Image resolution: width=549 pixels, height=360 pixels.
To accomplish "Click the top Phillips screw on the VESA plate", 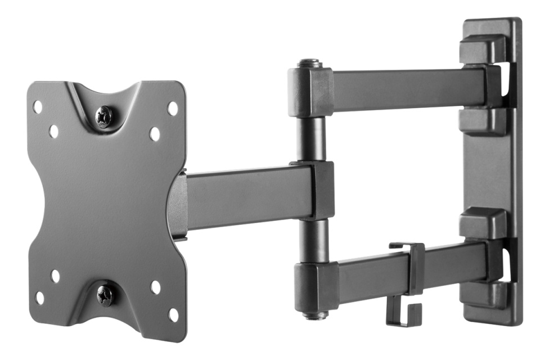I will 104,116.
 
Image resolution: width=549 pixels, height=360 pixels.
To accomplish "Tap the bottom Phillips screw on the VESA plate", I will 105,295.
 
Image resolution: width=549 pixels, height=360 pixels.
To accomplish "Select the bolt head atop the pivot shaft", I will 310,64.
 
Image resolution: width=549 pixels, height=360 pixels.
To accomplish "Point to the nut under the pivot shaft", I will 314,315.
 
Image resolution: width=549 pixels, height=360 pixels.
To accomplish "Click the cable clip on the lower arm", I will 406,281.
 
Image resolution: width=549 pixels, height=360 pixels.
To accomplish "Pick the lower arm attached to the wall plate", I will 405,269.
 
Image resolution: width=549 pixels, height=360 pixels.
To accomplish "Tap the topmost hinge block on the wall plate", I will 483,49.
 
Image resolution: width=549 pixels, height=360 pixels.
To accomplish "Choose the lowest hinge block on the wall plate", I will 483,295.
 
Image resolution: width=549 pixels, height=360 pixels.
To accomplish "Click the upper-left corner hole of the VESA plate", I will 37,106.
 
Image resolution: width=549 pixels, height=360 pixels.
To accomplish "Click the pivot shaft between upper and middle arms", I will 311,138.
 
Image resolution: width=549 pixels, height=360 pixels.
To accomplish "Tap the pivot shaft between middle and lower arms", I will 313,241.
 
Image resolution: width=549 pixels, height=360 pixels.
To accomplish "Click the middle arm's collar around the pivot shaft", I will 321,190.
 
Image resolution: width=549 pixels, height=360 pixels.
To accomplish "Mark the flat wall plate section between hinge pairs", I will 489,172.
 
